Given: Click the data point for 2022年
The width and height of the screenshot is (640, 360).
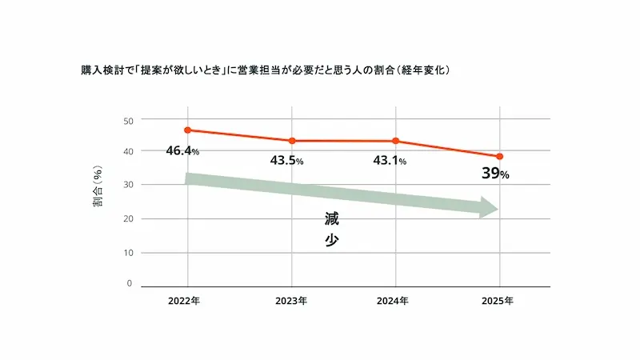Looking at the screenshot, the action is (x=188, y=130).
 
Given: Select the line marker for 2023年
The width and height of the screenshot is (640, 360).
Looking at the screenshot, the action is (x=292, y=141).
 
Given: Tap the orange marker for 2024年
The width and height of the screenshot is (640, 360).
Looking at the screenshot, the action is (x=395, y=141).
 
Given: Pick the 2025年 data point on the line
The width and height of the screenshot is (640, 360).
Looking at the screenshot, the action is (x=499, y=156).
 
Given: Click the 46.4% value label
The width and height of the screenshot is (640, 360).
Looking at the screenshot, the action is (x=182, y=151).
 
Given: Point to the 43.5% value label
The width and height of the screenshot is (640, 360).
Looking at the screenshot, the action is (x=286, y=161).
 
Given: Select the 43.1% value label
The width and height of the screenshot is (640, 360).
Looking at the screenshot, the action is (x=390, y=161).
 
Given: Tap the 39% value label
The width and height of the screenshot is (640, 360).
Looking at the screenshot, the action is (x=495, y=174).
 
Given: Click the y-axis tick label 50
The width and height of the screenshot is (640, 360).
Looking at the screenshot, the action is (x=128, y=121).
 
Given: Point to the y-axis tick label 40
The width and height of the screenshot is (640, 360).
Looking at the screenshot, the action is (x=128, y=151).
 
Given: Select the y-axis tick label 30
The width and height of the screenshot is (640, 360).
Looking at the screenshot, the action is (x=128, y=185).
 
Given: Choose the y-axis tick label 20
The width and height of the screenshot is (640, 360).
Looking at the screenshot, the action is (x=128, y=218).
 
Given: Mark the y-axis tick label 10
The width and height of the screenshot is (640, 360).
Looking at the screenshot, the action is (x=128, y=253).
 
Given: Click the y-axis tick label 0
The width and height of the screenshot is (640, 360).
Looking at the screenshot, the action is (x=130, y=283).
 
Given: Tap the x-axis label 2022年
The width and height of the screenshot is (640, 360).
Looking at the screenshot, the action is (x=184, y=301).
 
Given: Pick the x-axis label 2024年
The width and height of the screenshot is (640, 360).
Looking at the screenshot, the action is (x=392, y=301).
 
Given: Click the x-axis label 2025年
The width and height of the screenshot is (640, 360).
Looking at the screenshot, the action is (x=497, y=301).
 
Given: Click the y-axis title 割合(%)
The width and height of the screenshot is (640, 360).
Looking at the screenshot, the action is (x=98, y=186).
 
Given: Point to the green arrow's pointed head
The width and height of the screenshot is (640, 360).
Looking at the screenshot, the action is (x=498, y=209).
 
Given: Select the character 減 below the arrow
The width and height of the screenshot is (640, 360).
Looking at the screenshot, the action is (x=331, y=218).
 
